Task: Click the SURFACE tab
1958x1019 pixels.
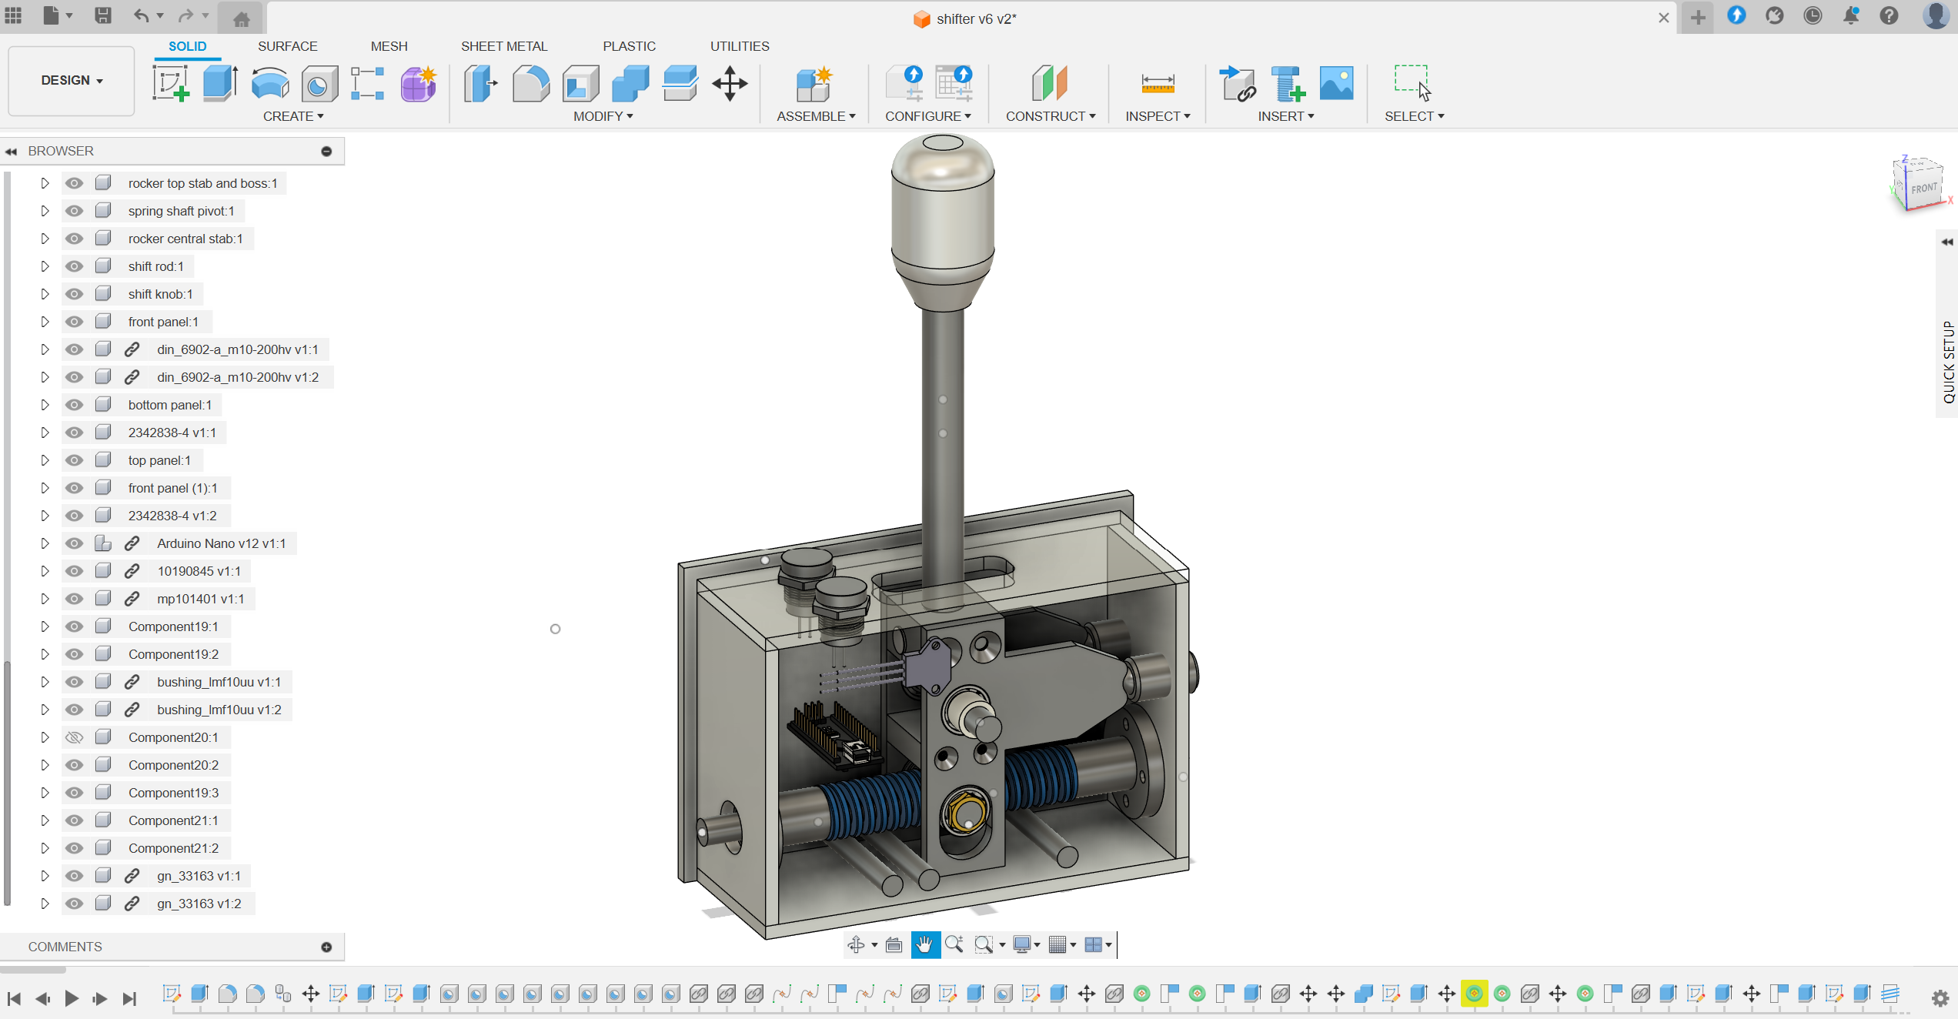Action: point(287,46)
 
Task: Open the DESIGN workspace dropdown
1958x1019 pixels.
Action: point(72,80)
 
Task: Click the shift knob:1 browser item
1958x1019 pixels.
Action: point(160,294)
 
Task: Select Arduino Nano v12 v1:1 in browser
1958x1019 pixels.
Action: point(221,543)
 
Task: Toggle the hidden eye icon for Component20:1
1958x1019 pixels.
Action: point(74,737)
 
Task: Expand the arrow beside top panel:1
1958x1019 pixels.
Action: point(45,460)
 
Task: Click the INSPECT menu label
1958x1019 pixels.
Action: point(1157,116)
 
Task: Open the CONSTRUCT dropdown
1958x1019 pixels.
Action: point(1050,116)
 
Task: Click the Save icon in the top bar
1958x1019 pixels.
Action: point(102,15)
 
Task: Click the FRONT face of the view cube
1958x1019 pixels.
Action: point(1923,189)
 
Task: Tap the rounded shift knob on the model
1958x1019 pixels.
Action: point(942,208)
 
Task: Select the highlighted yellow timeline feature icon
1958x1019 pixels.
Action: point(1474,994)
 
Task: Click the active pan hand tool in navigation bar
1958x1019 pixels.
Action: point(924,944)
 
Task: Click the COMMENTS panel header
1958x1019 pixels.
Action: point(65,947)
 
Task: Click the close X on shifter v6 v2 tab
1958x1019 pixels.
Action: point(1663,18)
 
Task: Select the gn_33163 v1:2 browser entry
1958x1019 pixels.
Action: point(199,904)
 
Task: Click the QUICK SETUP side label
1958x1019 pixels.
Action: point(1948,361)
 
